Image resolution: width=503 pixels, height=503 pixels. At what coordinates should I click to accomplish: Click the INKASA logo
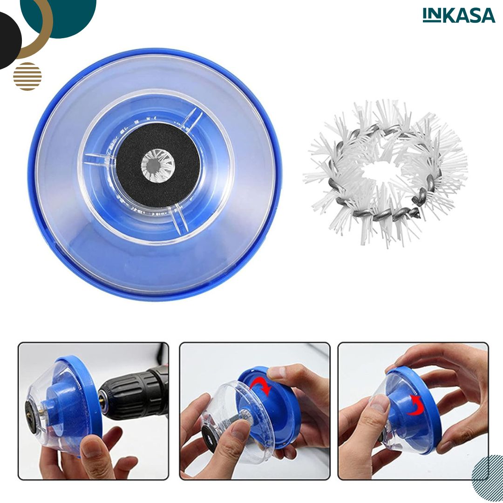pos(459,15)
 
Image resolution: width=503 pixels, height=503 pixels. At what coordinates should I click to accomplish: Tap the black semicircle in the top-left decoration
pos(9,41)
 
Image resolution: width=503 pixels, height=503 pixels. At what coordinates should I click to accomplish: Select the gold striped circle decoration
pos(27,76)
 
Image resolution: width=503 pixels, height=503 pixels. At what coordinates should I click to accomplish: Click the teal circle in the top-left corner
pos(64,16)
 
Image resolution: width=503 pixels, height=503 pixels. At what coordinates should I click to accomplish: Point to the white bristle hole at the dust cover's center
pos(158,165)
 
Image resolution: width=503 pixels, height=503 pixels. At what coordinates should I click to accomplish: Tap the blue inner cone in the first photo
pos(64,404)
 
